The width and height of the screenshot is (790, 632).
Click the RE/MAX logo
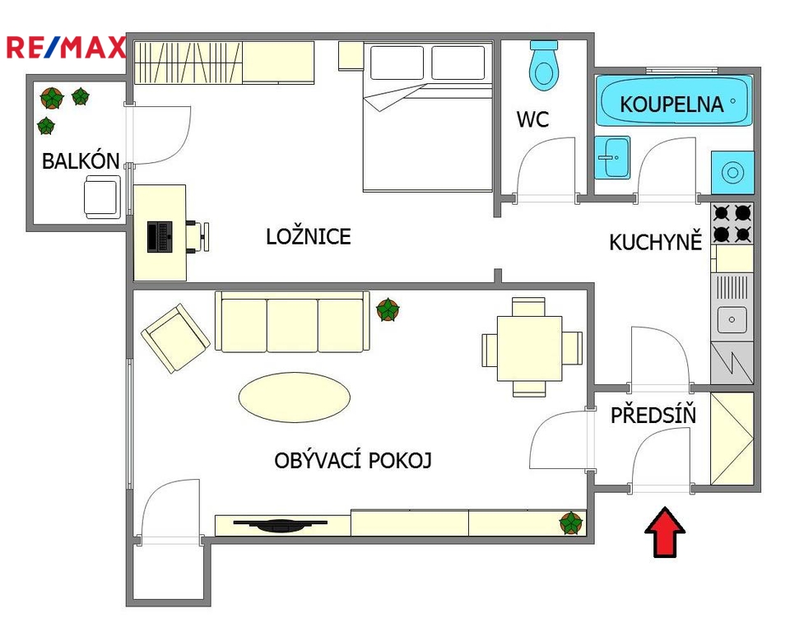[66, 48]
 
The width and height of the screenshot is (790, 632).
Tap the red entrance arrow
[665, 532]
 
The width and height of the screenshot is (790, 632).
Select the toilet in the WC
[544, 66]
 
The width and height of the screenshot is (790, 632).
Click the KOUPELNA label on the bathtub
[671, 105]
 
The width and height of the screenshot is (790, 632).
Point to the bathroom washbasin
[612, 157]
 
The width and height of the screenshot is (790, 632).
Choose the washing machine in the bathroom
[732, 172]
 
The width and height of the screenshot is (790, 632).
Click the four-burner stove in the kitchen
[732, 223]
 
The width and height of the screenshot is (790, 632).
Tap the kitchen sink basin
[732, 319]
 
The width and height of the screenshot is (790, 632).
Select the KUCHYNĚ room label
[656, 242]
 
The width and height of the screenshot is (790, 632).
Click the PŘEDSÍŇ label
[653, 415]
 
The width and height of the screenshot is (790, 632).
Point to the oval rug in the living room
[295, 397]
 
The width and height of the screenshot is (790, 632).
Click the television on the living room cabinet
[281, 525]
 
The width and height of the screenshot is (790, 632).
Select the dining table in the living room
[529, 348]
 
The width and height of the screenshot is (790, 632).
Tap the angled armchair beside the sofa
[175, 338]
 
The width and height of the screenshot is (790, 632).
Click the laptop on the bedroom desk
[160, 236]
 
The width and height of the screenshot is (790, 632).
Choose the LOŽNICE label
[309, 237]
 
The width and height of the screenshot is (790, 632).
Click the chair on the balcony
[103, 197]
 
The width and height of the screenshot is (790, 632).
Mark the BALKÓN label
[81, 161]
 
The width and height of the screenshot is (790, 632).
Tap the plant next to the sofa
[388, 309]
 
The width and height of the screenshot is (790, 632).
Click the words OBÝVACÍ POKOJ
[353, 460]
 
